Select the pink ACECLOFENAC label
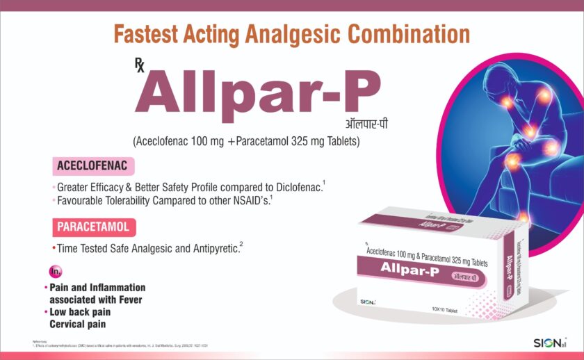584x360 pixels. click(x=92, y=167)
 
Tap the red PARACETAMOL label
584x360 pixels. click(x=94, y=227)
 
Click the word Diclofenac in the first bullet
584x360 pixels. click(x=295, y=187)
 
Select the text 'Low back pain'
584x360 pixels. click(x=80, y=313)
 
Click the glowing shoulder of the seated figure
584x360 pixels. click(x=508, y=102)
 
